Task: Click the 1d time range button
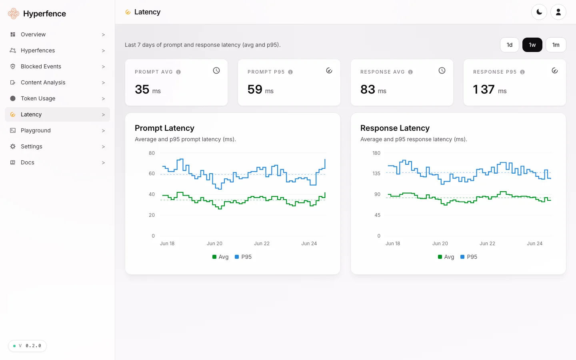click(x=510, y=45)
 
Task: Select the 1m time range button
click(x=556, y=45)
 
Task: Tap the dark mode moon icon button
click(x=539, y=12)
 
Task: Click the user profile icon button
click(x=558, y=12)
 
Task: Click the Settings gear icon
click(x=13, y=146)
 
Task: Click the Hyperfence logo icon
click(x=13, y=13)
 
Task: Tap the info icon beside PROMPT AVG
click(x=178, y=72)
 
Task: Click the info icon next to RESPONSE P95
click(x=522, y=72)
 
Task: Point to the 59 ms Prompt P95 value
click(x=260, y=90)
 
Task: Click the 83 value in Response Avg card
click(x=368, y=90)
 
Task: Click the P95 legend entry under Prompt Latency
click(x=243, y=257)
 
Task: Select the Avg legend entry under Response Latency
click(x=446, y=257)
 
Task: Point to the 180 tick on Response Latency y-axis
click(x=376, y=153)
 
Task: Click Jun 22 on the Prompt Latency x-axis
click(x=262, y=243)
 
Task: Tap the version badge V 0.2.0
click(x=27, y=346)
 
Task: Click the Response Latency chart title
click(x=395, y=128)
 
